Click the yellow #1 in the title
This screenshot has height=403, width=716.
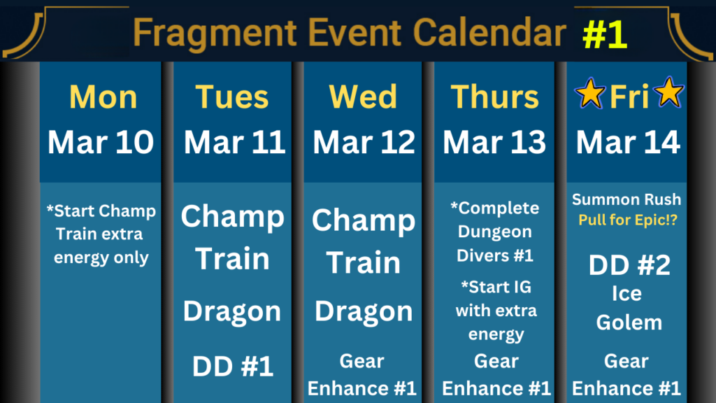[605, 34]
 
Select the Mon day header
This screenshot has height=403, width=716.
[103, 97]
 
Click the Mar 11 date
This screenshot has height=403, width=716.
[234, 142]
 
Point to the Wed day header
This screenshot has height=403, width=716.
[363, 97]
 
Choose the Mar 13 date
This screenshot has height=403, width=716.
[494, 142]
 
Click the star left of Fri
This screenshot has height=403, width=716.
[590, 94]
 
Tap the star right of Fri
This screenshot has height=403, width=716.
[669, 92]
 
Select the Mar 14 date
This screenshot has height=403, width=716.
[628, 142]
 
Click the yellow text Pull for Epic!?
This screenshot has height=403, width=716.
[628, 220]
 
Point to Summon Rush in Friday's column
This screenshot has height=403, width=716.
[626, 199]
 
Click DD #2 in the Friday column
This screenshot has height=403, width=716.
[629, 265]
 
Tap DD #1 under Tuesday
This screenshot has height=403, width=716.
[232, 367]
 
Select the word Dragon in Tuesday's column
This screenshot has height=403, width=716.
[232, 312]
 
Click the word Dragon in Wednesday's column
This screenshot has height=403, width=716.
[364, 312]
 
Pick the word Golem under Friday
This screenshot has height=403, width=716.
[629, 323]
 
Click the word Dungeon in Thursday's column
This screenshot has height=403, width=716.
[494, 232]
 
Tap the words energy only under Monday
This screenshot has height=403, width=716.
[101, 258]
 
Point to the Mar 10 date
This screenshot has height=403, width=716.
[101, 142]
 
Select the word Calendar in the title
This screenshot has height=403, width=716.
[489, 33]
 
